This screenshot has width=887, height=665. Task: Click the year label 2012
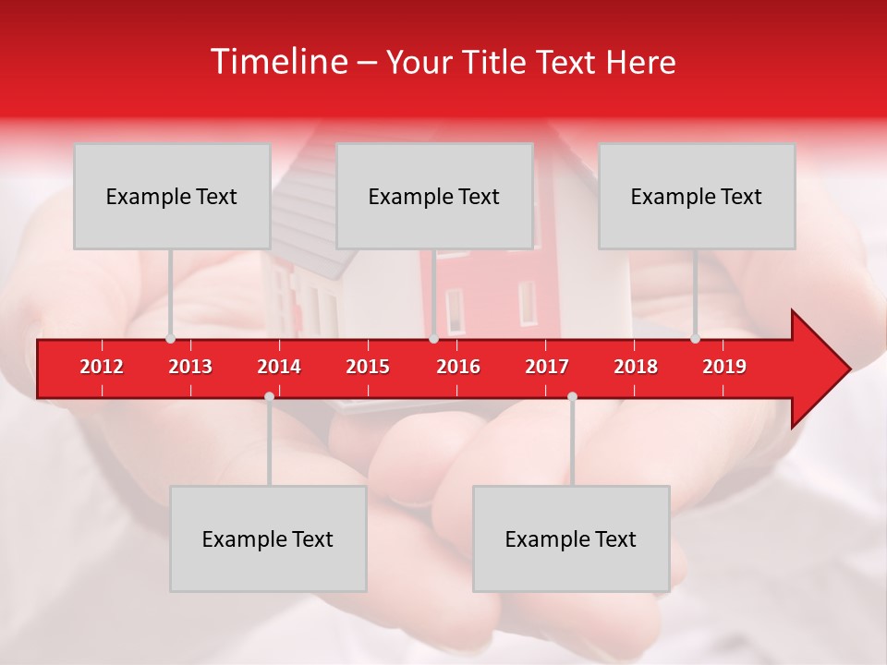coord(102,367)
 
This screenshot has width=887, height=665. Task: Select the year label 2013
coord(190,367)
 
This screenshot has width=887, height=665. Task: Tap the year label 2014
coord(279,367)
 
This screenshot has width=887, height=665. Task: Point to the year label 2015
coord(368,367)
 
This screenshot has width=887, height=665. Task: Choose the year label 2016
coord(458,367)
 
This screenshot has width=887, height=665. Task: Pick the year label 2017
coord(547,367)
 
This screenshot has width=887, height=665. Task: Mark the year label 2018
coord(636,367)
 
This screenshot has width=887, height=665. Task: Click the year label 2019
coord(724,367)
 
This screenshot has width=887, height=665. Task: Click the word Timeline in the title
coord(277,62)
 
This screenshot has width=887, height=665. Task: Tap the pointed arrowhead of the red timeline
coord(827,369)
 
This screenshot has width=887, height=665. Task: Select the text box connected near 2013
coord(172,196)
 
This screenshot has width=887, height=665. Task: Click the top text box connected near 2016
coord(434,196)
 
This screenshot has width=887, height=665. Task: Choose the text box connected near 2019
coord(697,196)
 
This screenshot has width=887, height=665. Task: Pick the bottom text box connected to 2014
coord(268,538)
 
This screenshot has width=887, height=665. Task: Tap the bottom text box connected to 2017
coord(571,538)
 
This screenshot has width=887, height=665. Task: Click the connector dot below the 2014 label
coord(269,396)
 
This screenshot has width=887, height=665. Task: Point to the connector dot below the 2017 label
coord(572,396)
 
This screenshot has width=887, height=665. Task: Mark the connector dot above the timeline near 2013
coord(170,338)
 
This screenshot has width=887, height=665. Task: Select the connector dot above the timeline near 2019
coord(695,338)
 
